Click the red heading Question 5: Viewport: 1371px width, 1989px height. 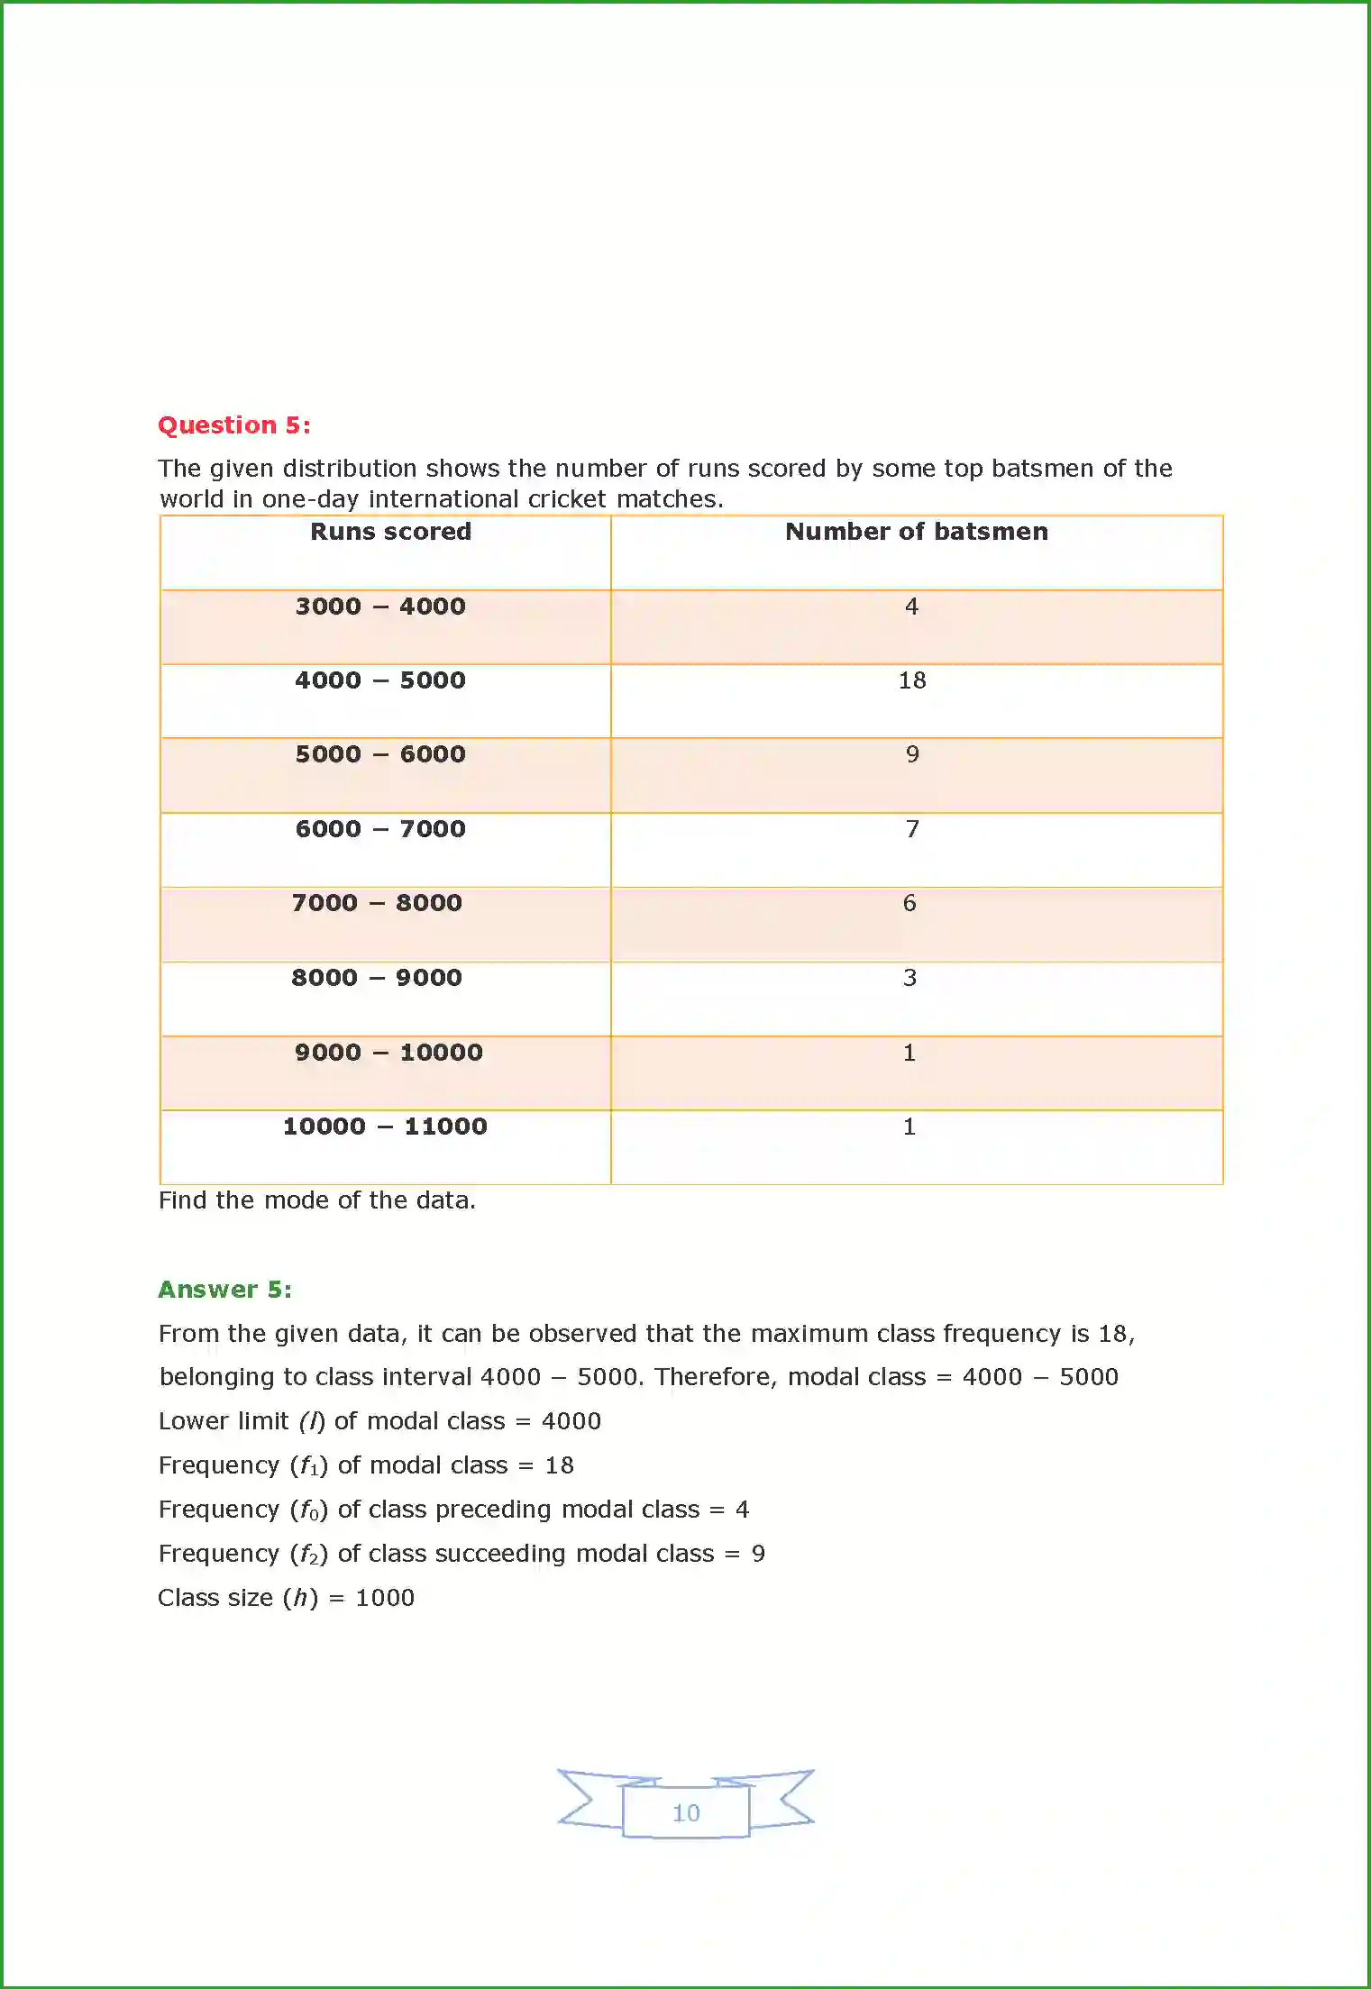tap(234, 424)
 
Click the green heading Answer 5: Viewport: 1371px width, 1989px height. tap(225, 1289)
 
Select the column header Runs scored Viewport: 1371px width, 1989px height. tap(390, 531)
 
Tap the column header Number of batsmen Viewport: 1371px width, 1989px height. tap(917, 531)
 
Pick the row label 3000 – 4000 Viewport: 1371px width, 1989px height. tap(380, 606)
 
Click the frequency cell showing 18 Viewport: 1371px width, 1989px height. tap(912, 680)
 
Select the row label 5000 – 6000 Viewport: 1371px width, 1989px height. tap(380, 754)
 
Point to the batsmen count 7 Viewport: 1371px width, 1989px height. tap(912, 829)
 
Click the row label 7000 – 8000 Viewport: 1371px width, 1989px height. tap(377, 903)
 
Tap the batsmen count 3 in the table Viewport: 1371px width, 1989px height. tap(909, 978)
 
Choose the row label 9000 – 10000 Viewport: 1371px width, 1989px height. tap(388, 1052)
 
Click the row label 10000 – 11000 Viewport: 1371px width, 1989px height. tap(385, 1127)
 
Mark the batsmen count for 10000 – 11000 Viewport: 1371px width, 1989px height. tap(909, 1127)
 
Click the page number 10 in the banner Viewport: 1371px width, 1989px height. tap(686, 1812)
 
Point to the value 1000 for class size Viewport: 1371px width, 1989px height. tap(385, 1598)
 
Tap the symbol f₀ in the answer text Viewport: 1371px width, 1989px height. tap(309, 1510)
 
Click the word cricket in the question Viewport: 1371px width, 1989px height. tap(568, 498)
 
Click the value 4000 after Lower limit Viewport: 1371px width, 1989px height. tap(571, 1421)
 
